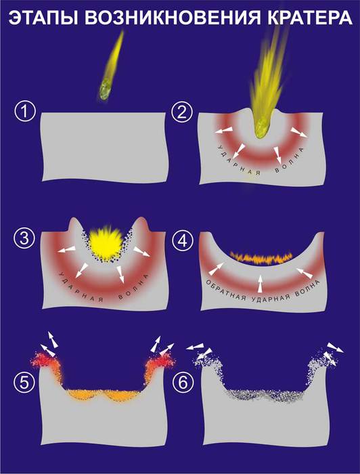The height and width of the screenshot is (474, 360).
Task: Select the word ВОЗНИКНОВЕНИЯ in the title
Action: point(172,18)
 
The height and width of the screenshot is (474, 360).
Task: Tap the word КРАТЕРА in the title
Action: point(309,18)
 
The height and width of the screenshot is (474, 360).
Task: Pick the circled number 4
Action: point(182,241)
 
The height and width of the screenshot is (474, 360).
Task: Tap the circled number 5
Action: point(24,383)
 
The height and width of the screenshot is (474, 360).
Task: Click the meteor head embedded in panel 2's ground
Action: point(262,128)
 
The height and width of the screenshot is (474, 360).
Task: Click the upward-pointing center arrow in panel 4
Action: point(260,284)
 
